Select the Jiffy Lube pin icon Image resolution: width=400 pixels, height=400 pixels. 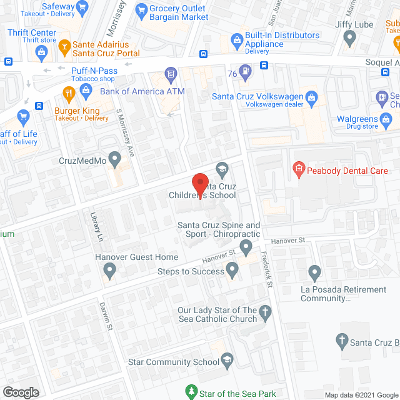point(350,38)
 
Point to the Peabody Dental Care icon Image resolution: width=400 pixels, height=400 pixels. point(299,169)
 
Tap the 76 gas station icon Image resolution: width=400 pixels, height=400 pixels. point(247,72)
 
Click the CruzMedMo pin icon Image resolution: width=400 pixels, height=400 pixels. point(114,160)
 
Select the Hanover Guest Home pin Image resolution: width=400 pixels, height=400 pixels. point(109,271)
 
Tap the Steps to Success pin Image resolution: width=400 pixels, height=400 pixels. point(232,271)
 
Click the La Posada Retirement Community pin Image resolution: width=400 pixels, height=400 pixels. point(314,273)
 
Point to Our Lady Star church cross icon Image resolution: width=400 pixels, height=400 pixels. point(266,314)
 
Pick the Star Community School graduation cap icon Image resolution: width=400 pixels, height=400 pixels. point(227,361)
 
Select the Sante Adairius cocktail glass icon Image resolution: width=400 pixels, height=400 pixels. point(64,47)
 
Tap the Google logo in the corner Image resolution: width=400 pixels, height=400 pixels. point(20,392)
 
